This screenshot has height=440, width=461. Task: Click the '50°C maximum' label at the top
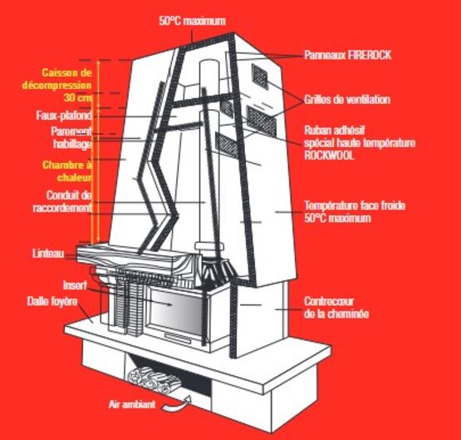coord(193,21)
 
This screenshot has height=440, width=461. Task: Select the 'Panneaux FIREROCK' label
coord(347,55)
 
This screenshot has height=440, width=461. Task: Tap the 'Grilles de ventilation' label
coord(347,100)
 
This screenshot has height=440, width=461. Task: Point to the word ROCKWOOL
coord(329,156)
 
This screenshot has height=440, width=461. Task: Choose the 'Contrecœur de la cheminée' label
coord(336,308)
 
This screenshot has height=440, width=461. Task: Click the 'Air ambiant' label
coord(132,404)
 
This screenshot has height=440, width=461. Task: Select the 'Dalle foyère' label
coord(52,301)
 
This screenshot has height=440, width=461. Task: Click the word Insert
coord(75,285)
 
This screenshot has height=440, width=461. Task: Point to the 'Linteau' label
coord(48,254)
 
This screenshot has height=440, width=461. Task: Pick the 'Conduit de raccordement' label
coord(62,201)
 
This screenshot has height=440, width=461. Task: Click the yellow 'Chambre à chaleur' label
coord(67,171)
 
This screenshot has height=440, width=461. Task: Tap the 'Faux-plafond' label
coord(64,116)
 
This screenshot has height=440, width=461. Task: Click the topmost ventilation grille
coord(260,77)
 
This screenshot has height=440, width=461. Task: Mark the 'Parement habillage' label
coord(71,138)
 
